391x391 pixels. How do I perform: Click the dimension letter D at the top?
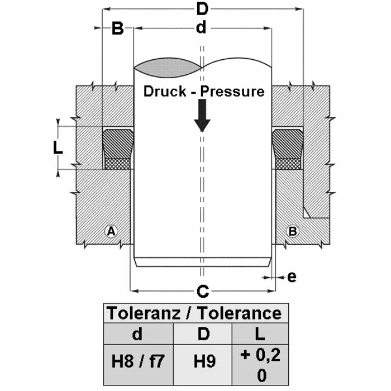pyautogui.click(x=202, y=9)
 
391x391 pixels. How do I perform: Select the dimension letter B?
pyautogui.click(x=118, y=29)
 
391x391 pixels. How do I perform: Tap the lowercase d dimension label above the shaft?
pyautogui.click(x=201, y=28)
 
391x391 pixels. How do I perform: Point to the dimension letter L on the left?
pyautogui.click(x=57, y=148)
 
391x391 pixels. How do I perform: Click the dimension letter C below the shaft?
pyautogui.click(x=203, y=290)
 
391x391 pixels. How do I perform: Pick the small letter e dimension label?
pyautogui.click(x=291, y=276)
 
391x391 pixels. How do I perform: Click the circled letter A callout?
pyautogui.click(x=111, y=231)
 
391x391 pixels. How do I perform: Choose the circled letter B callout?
pyautogui.click(x=291, y=231)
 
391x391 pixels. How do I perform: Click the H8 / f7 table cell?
pyautogui.click(x=138, y=361)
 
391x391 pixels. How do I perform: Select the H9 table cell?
pyautogui.click(x=203, y=361)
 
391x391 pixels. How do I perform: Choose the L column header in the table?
pyautogui.click(x=260, y=335)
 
